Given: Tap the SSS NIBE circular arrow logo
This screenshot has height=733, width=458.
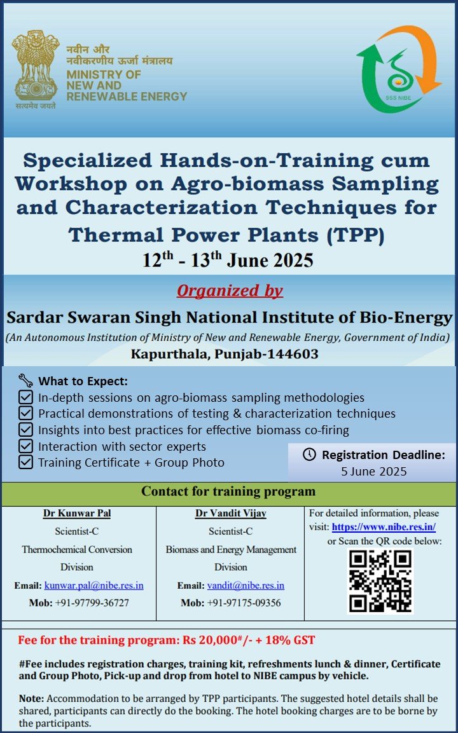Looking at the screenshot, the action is [399, 69].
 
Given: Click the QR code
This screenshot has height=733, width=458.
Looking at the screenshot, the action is [380, 581].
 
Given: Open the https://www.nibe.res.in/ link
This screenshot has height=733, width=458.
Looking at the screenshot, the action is [384, 527].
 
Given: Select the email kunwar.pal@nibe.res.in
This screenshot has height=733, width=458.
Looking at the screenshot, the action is [94, 586].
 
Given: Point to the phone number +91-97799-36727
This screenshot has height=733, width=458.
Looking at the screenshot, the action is [92, 603].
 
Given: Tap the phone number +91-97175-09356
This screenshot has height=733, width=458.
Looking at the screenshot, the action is [244, 603].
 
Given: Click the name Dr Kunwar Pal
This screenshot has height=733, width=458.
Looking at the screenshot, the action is [77, 514].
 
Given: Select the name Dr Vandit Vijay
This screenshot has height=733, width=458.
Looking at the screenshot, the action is [231, 514].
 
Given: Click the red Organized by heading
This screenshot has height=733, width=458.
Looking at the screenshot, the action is [230, 291].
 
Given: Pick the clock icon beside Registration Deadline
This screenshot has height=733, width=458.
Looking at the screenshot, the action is [309, 455].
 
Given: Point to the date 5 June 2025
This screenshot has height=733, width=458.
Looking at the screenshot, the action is [374, 472].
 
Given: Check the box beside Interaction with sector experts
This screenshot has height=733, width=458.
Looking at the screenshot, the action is [25, 446].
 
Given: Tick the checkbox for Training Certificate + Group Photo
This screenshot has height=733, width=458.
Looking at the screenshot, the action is [25, 462].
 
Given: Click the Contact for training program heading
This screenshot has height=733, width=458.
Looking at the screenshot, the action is [228, 492].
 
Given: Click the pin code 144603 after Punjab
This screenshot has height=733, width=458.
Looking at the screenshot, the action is [295, 354].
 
